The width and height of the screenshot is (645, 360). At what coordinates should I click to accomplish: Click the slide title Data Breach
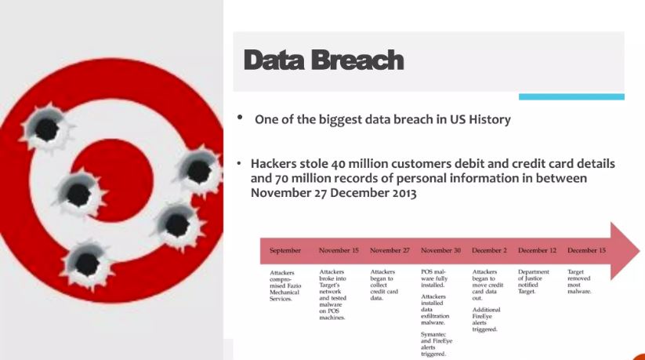click(x=324, y=60)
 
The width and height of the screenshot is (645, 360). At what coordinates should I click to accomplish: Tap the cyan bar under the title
click(x=571, y=96)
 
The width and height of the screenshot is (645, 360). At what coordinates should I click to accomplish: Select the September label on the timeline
click(x=285, y=250)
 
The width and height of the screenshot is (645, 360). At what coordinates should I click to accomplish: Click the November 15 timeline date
click(x=339, y=250)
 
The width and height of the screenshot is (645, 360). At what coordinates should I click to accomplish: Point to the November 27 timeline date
click(x=390, y=250)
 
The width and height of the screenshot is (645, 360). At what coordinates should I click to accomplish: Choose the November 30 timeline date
click(x=440, y=250)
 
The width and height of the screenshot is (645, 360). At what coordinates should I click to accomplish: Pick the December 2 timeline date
click(x=489, y=250)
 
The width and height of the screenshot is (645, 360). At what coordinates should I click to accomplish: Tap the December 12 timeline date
click(x=537, y=250)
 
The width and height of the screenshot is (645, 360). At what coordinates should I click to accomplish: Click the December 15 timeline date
click(x=587, y=250)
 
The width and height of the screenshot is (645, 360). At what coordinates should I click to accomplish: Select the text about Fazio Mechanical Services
click(x=286, y=285)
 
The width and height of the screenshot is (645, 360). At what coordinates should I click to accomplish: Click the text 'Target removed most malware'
click(x=581, y=281)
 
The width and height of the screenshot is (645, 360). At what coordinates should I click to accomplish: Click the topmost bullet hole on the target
click(x=45, y=128)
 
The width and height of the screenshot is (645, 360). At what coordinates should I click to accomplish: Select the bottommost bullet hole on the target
click(x=86, y=263)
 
